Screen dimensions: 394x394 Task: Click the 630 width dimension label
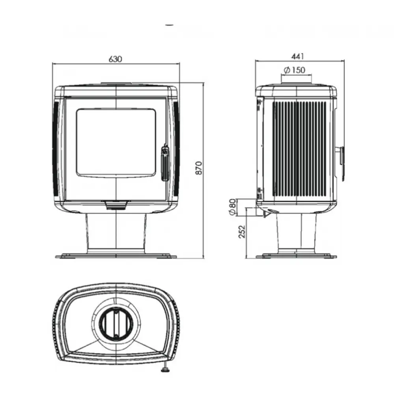(115, 59)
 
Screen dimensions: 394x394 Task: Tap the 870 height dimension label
(199, 168)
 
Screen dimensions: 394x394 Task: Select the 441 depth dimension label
(298, 56)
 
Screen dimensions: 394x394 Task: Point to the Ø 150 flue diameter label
(294, 70)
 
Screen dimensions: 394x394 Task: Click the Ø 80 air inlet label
(233, 207)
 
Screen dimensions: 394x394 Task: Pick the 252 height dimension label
(242, 232)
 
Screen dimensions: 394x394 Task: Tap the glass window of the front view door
(116, 143)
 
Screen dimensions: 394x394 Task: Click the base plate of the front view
(116, 256)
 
